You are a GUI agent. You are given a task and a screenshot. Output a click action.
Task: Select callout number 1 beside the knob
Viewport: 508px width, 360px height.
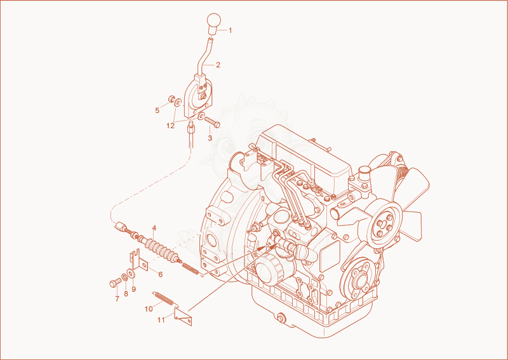pyautogui.click(x=231, y=30)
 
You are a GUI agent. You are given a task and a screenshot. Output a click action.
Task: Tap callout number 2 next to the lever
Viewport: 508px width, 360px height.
pyautogui.click(x=218, y=65)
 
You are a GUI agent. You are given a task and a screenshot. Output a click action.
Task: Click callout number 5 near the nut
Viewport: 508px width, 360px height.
pyautogui.click(x=157, y=110)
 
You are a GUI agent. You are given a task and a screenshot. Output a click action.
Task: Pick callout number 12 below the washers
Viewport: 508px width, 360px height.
pyautogui.click(x=170, y=126)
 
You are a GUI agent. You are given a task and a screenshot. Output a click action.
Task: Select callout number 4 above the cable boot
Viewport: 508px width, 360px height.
pyautogui.click(x=154, y=228)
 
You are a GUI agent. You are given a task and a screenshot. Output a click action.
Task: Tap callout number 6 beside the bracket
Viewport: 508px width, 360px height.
pyautogui.click(x=161, y=274)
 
